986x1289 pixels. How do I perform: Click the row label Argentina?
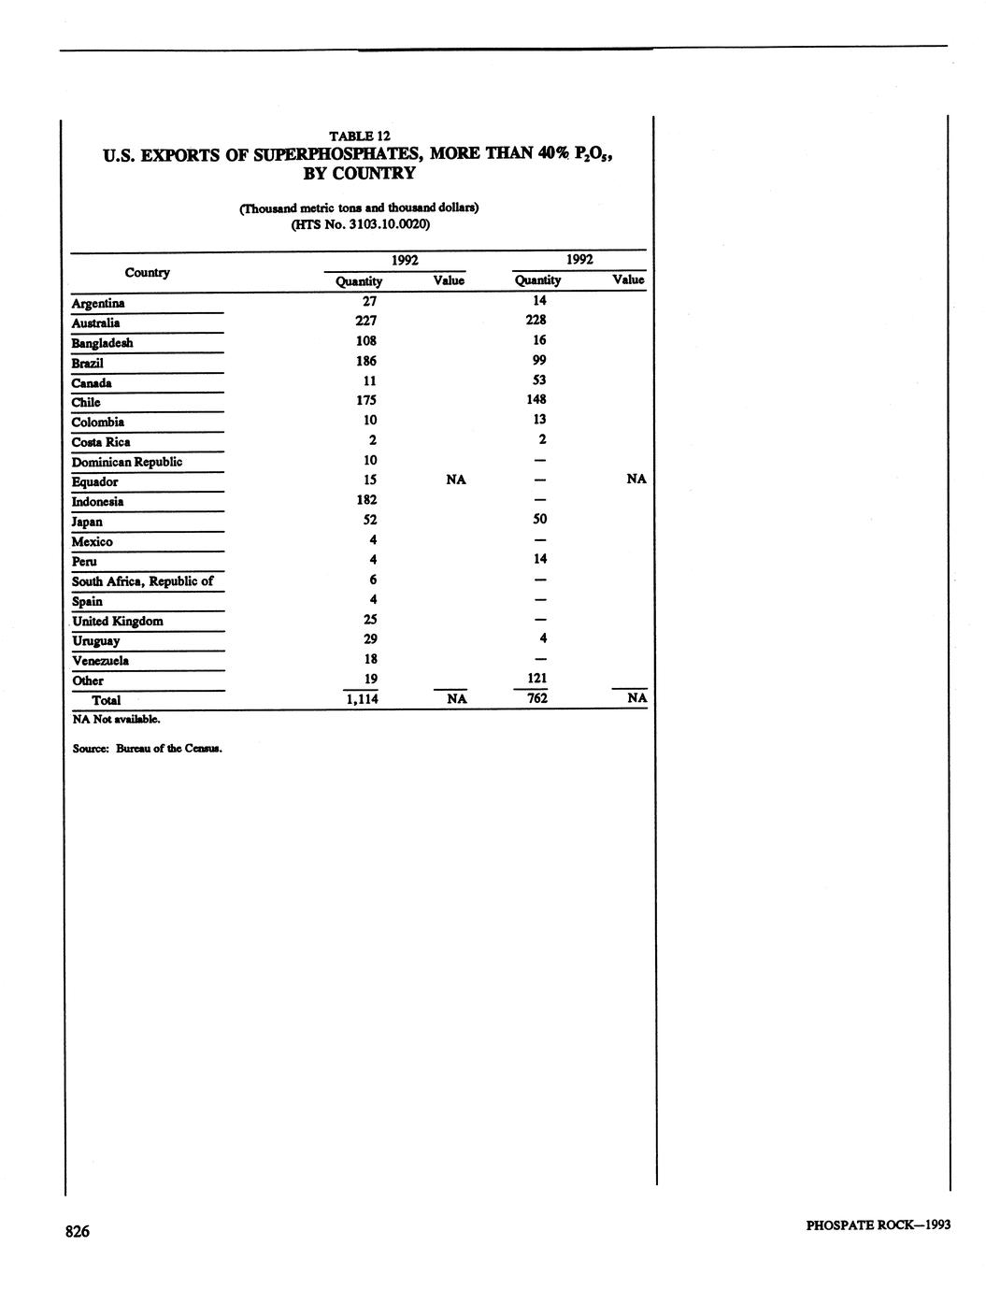click(98, 303)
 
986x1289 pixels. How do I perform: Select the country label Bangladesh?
click(103, 343)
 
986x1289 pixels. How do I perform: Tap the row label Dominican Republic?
click(127, 462)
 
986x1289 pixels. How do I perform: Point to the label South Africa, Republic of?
click(143, 581)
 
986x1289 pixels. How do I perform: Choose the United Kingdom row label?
click(118, 622)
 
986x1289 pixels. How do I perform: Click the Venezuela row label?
click(100, 661)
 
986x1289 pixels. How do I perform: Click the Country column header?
click(148, 273)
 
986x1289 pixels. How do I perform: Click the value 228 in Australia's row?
click(536, 320)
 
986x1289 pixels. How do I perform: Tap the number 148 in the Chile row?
click(536, 399)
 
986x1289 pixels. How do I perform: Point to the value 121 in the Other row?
click(536, 679)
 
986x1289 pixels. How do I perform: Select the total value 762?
click(536, 698)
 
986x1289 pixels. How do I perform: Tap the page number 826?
click(78, 1232)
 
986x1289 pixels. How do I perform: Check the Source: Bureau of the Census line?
click(148, 749)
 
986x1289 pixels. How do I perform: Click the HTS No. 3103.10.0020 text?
click(360, 224)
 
